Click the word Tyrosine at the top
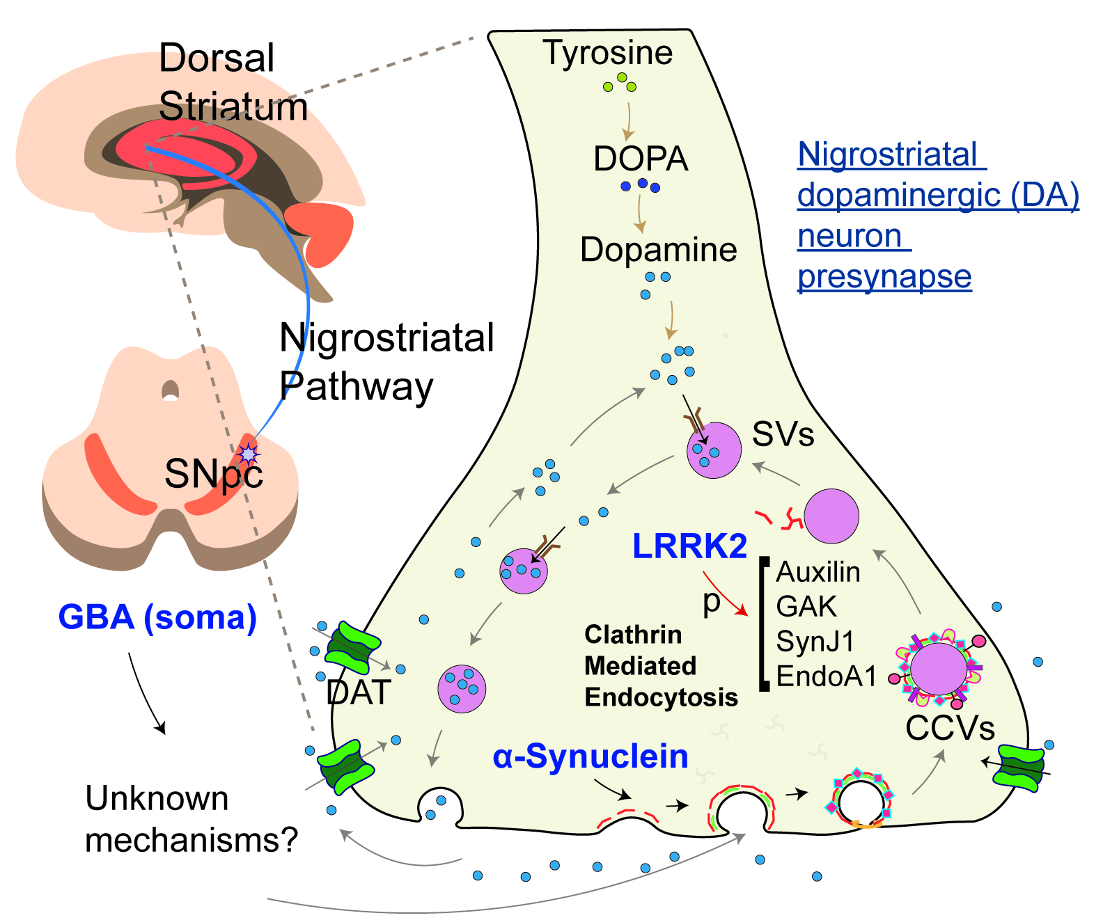coord(607,53)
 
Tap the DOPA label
coord(641,159)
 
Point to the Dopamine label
coord(658,250)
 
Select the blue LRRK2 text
coord(689,546)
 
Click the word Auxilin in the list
coord(818,572)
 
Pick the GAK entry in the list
coord(806,607)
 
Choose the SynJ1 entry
coord(815,642)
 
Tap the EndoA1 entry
coord(826,676)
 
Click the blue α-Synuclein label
coord(590,756)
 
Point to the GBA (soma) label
coord(157,617)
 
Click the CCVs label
coord(950,729)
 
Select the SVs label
coord(783,435)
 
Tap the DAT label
coord(359,692)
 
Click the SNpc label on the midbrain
coord(213,475)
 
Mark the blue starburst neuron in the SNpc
coord(248,454)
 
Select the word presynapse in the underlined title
coord(884,277)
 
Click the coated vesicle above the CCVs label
coord(937,668)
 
